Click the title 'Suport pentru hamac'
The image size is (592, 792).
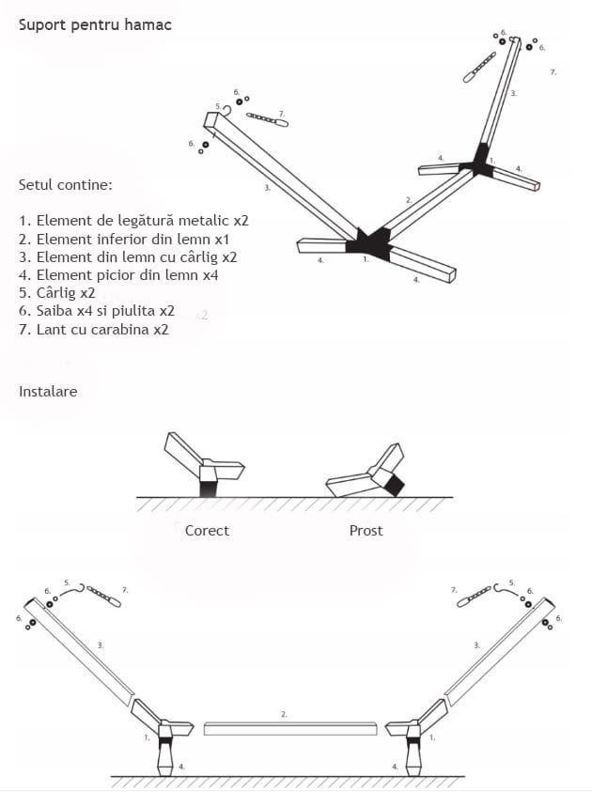(95, 24)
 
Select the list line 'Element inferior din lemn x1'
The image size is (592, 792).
(132, 239)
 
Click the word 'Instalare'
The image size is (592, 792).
(48, 391)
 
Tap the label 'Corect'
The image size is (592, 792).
(207, 531)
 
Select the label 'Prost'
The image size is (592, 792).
(366, 531)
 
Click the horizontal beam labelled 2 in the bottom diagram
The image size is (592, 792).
(290, 728)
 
